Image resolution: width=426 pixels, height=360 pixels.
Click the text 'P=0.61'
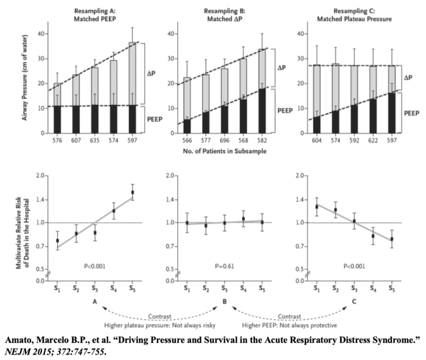click(224, 266)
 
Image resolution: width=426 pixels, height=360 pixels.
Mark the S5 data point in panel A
click(133, 192)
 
